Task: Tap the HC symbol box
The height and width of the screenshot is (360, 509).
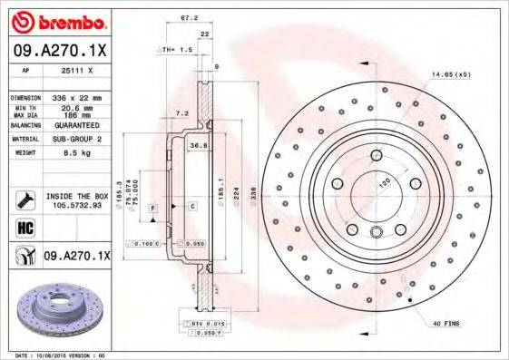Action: click(25, 226)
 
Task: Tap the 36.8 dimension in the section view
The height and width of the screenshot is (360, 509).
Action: click(194, 144)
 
